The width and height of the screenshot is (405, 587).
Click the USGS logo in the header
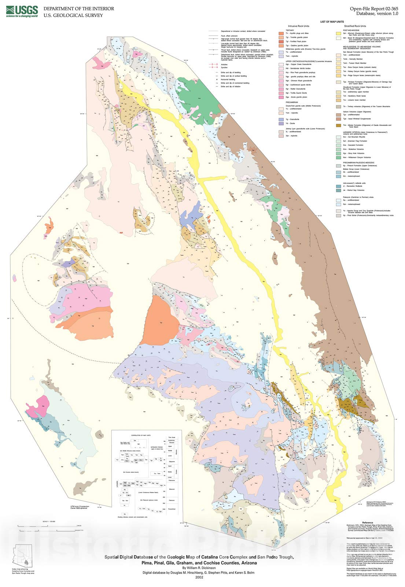coord(22,11)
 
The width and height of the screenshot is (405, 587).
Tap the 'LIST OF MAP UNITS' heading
coord(332,22)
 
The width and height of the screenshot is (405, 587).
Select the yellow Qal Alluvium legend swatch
coord(339,34)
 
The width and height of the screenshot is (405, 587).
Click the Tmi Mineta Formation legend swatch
coord(339,125)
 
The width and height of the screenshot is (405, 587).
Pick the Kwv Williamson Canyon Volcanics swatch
coord(339,157)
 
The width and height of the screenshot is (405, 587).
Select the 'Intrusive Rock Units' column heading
coord(299,26)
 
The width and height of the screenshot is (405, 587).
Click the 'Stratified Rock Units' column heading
coord(355,26)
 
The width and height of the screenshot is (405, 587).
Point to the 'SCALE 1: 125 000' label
coord(46,521)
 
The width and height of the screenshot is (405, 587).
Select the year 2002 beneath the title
coord(199,577)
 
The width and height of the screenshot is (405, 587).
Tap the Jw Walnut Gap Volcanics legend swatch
coord(339,190)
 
